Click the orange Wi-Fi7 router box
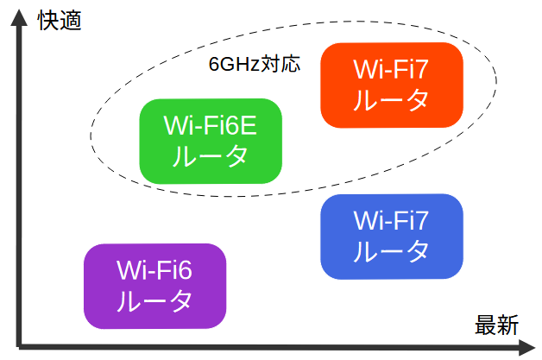tap(392, 85)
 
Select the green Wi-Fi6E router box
tap(211, 141)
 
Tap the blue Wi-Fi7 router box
tap(392, 237)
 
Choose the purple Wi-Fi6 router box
tap(154, 286)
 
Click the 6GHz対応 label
tap(255, 64)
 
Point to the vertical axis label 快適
tap(60, 21)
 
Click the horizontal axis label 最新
tap(496, 325)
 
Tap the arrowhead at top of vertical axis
tap(19, 17)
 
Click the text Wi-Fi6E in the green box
tap(211, 125)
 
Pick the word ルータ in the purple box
tap(154, 301)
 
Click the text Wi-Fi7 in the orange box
tap(391, 70)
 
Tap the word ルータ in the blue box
tap(391, 251)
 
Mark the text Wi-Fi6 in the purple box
tap(154, 270)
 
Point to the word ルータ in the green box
tap(211, 156)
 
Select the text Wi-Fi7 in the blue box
tap(391, 221)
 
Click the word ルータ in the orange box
tap(391, 100)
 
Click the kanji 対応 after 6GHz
tap(280, 64)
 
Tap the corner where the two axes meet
tap(19, 346)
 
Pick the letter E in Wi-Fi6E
tap(249, 125)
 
